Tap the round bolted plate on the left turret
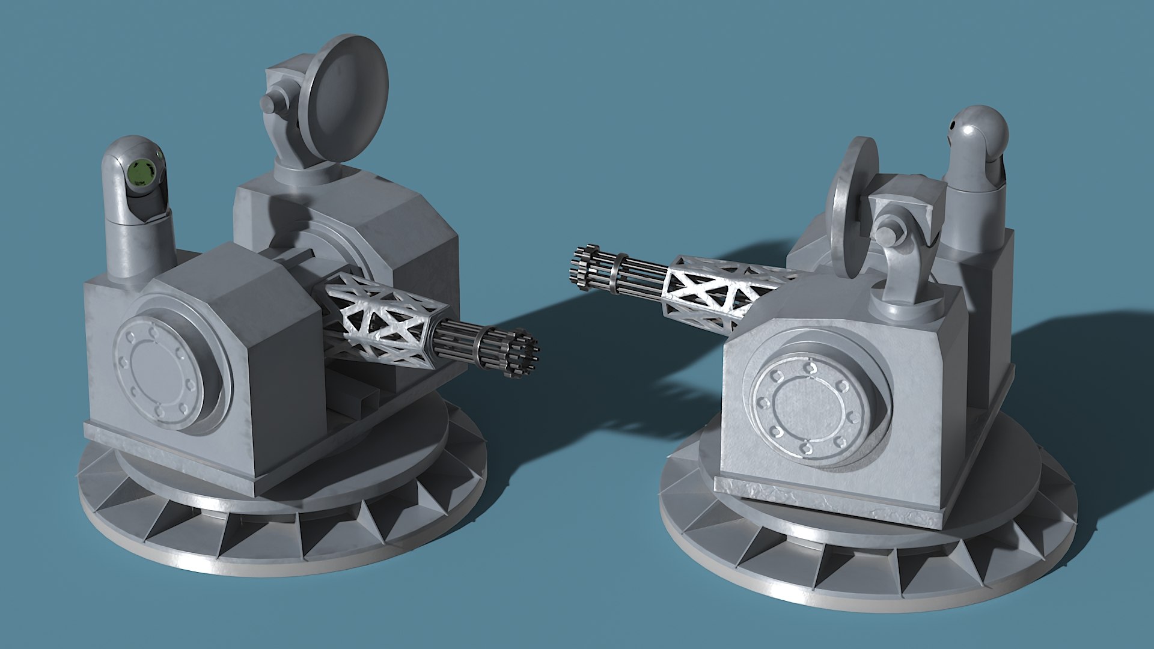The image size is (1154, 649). (158, 373)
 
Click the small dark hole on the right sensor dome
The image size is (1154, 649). (953, 125)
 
